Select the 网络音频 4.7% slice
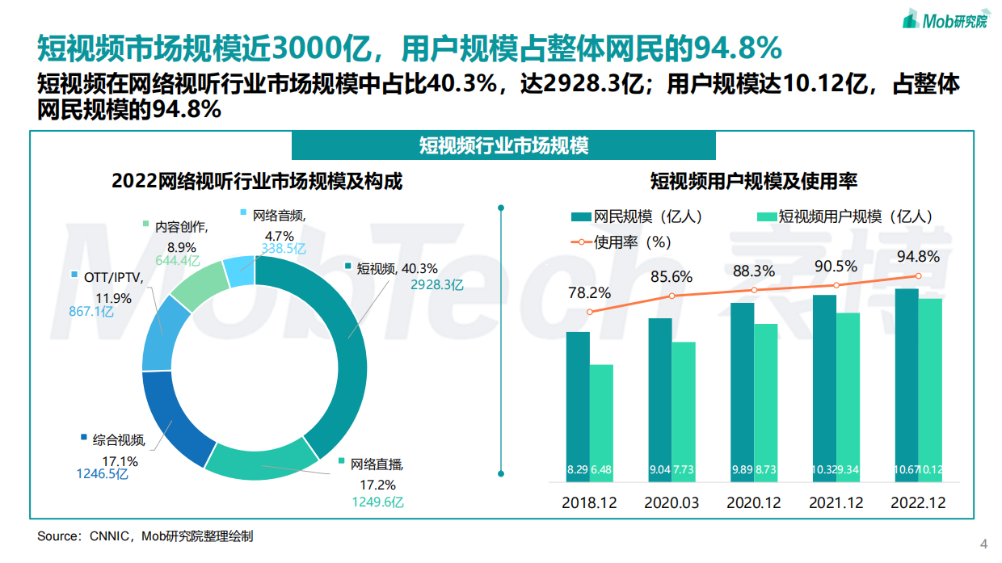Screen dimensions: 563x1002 [x=240, y=271]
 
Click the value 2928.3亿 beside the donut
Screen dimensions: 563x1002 [x=436, y=284]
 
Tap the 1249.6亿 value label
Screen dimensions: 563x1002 [x=377, y=502]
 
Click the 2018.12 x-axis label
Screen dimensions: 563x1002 [x=589, y=502]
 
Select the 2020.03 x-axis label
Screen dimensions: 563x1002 [x=672, y=502]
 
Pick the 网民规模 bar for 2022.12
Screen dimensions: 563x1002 [x=907, y=380]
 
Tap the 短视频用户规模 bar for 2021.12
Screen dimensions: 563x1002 [x=848, y=388]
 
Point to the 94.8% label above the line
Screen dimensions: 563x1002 [x=918, y=257]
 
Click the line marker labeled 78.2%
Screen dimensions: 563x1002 [x=590, y=312]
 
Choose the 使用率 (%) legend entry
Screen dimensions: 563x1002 [x=622, y=241]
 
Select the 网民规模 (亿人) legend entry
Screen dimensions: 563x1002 [x=638, y=216]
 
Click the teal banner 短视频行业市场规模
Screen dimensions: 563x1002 [x=503, y=145]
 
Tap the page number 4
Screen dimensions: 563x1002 [x=983, y=543]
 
